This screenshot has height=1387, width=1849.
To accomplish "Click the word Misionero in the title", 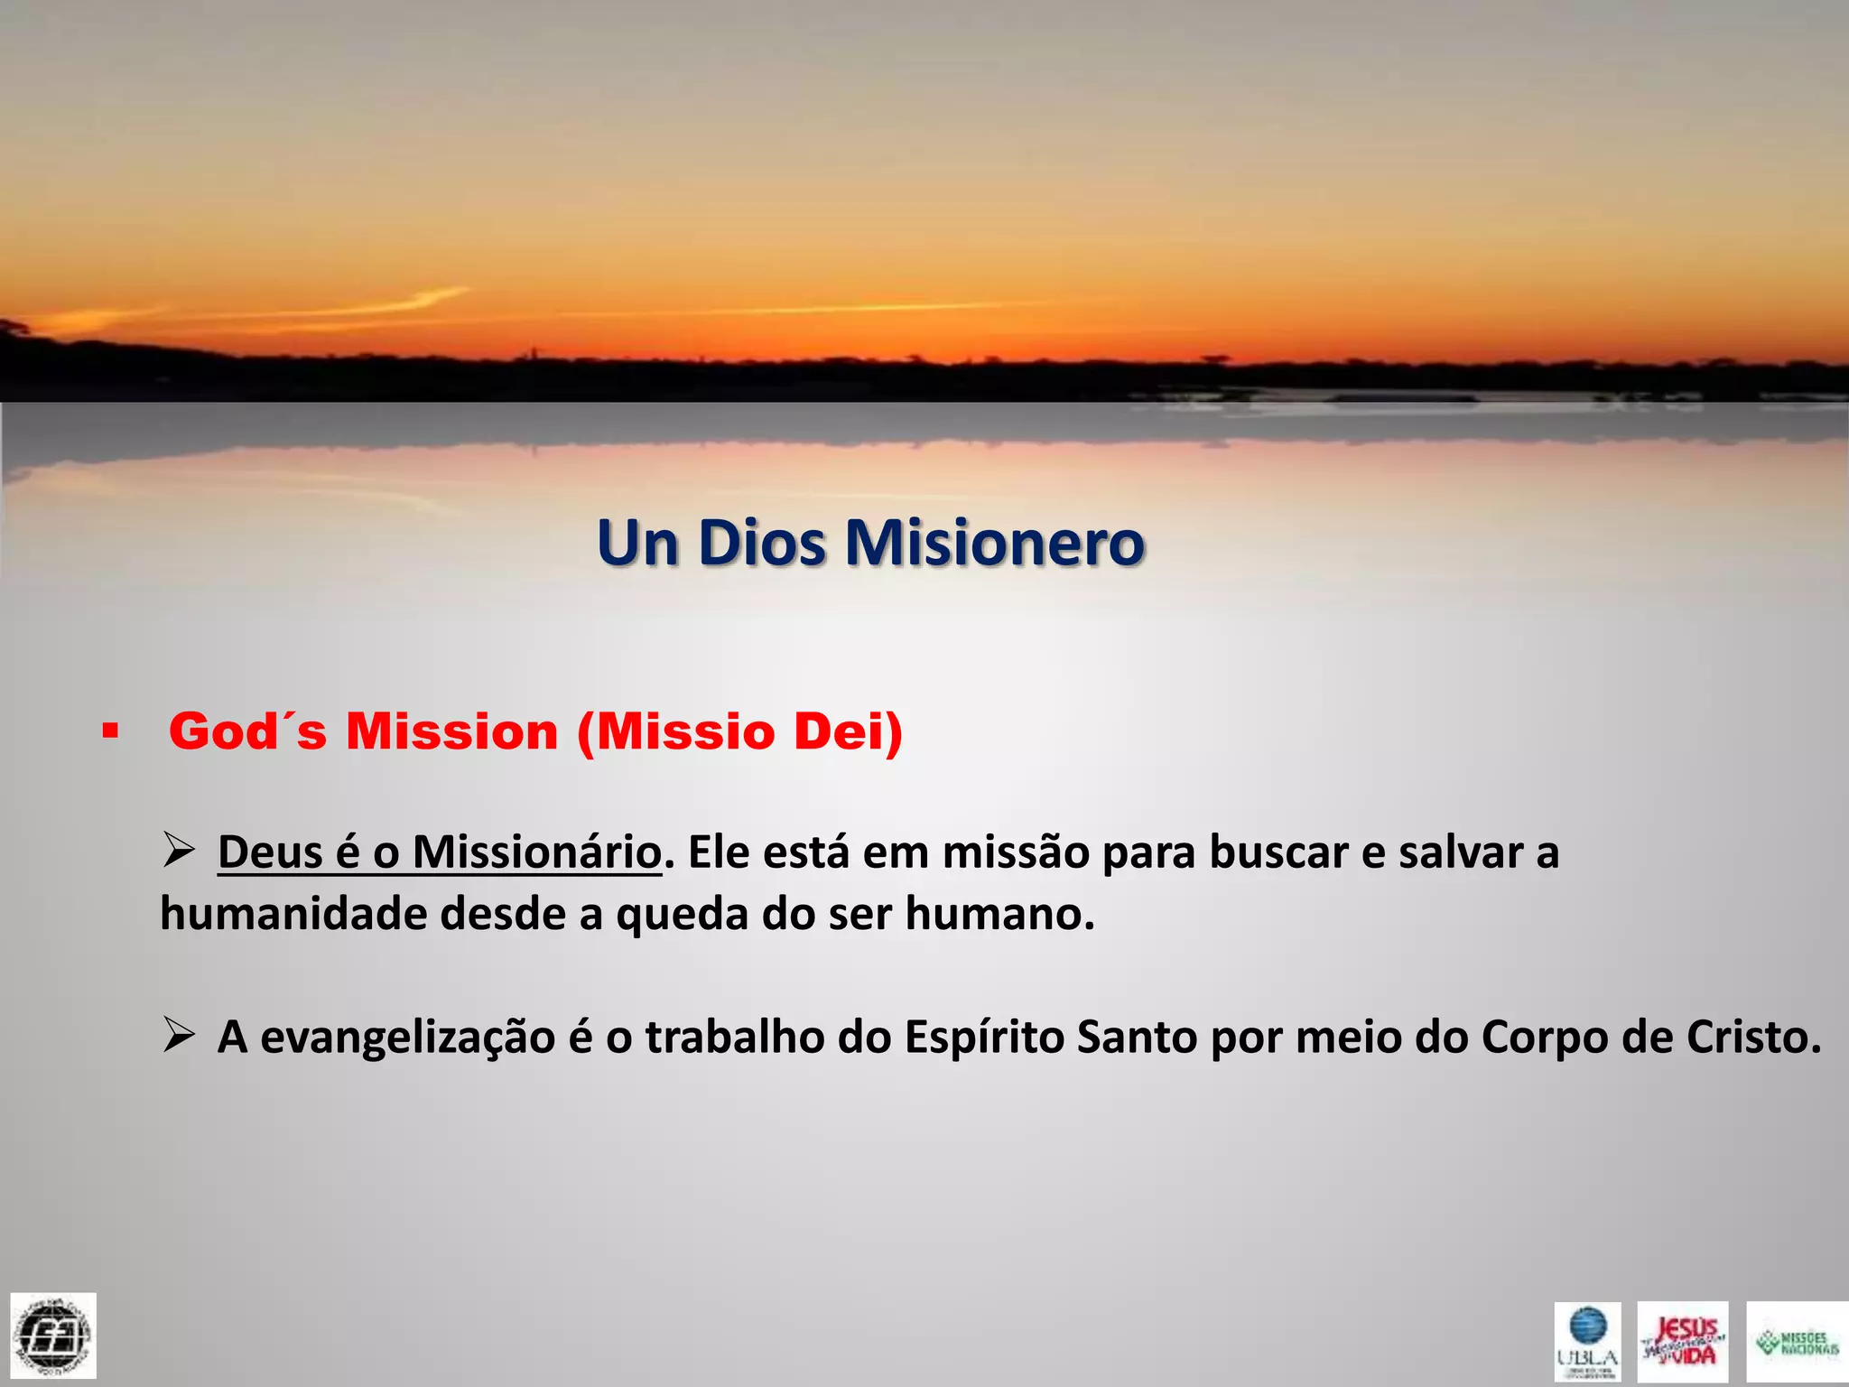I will tap(994, 544).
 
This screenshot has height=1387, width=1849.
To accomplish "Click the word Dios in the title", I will tap(761, 544).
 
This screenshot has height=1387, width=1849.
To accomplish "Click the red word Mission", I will tap(452, 731).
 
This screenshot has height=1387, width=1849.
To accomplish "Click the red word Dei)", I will tap(848, 731).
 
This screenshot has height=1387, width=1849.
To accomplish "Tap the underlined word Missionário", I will tap(536, 852).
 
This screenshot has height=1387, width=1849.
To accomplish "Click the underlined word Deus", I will tap(271, 852).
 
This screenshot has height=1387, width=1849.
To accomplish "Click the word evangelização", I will tap(407, 1038).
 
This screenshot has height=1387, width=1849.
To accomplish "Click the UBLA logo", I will tap(1587, 1341).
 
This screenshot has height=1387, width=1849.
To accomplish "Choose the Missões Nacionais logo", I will tap(1797, 1341).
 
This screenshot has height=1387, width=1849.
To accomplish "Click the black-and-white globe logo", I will tap(53, 1336).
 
